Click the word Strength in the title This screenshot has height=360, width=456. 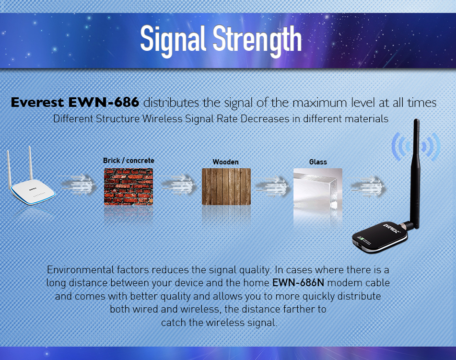[x=257, y=40]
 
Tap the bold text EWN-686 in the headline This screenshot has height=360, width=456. [x=104, y=103]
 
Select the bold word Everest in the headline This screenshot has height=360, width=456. [x=37, y=103]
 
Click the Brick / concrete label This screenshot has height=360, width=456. [x=129, y=161]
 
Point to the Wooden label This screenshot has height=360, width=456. [x=226, y=162]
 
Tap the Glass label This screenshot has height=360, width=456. [x=318, y=162]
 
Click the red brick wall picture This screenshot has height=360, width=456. [x=129, y=186]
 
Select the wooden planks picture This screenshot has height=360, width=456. [x=226, y=186]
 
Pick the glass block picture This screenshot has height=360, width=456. [x=318, y=188]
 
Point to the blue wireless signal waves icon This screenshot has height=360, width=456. [x=416, y=146]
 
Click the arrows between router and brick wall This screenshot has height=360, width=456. [x=79, y=185]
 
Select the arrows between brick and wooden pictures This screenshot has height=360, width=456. [x=178, y=185]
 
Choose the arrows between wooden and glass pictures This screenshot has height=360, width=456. [x=273, y=186]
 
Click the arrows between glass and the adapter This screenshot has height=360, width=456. [x=368, y=186]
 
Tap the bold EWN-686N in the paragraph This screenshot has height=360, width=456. [x=298, y=283]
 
